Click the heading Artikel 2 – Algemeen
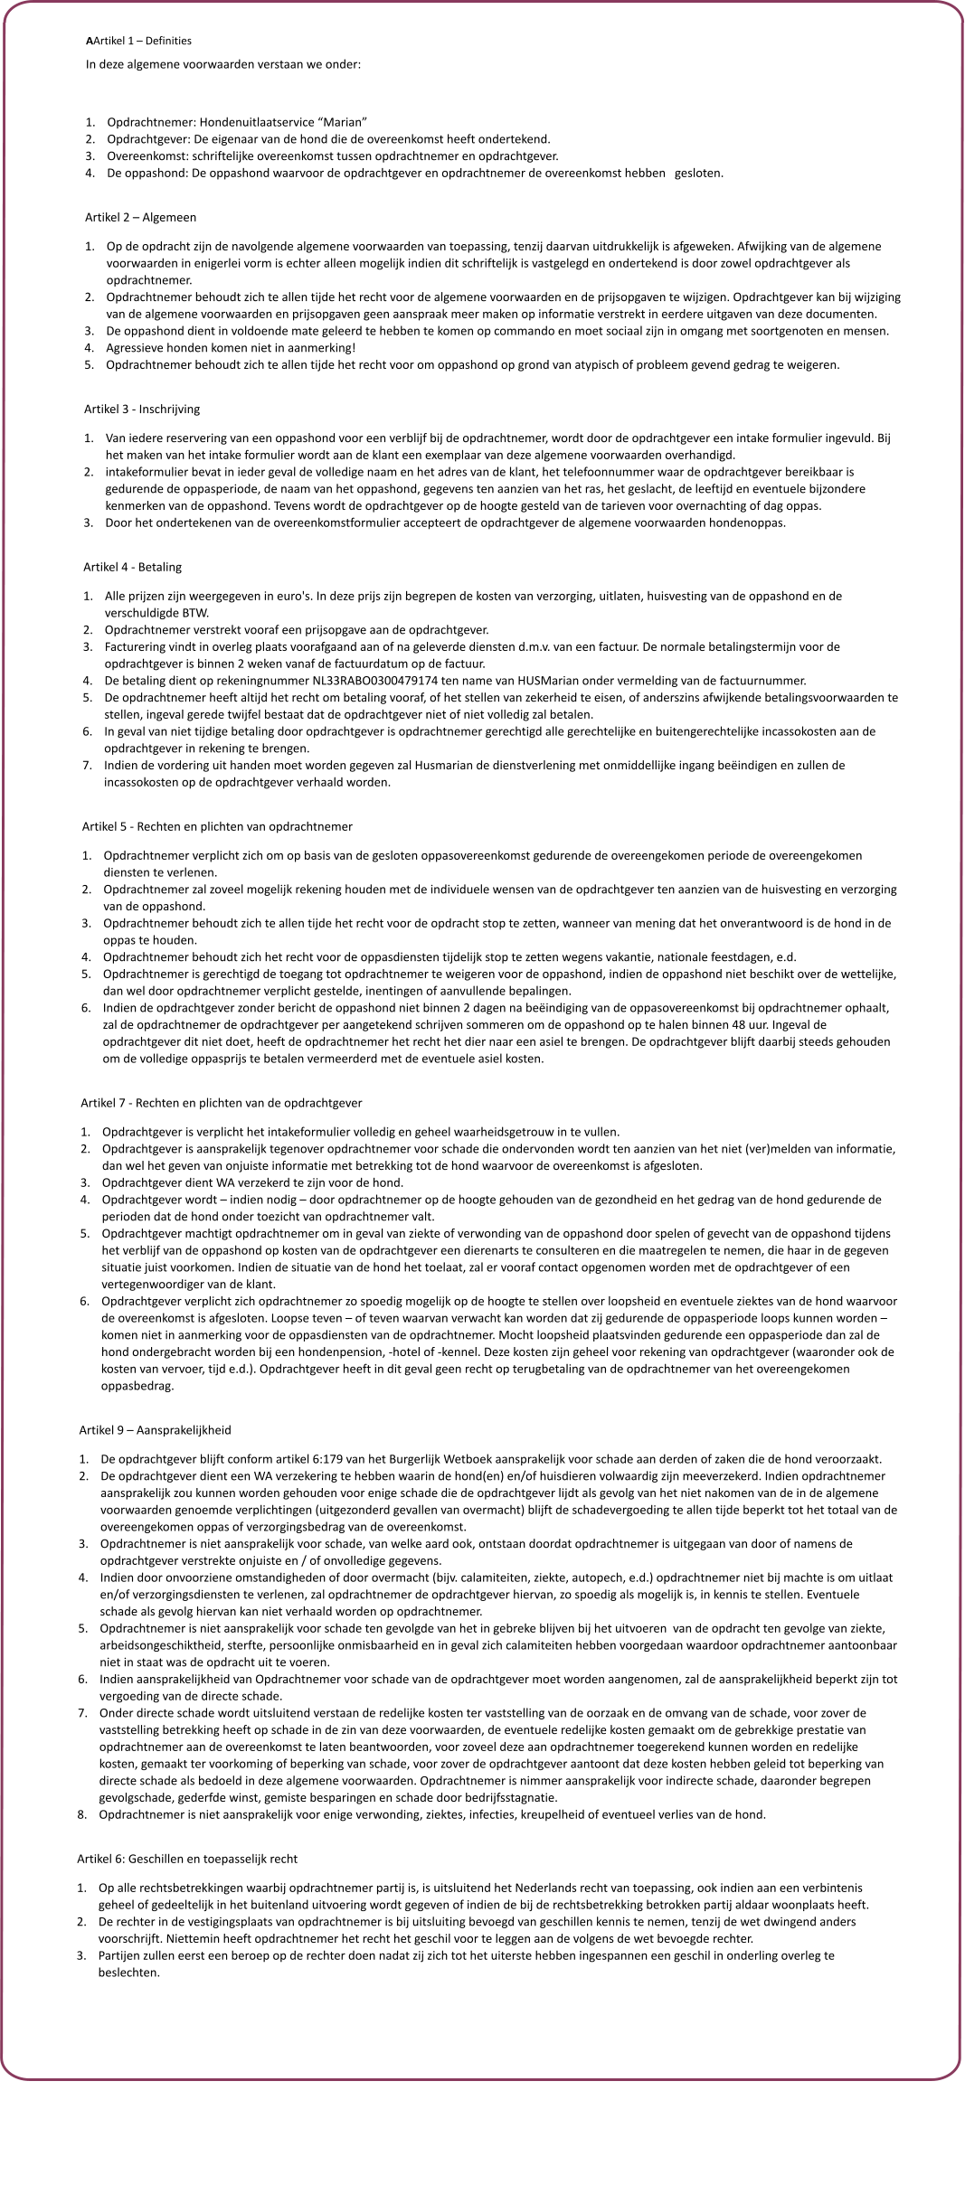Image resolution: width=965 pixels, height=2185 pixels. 140,218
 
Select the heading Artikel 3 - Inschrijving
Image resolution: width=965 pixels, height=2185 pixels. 142,410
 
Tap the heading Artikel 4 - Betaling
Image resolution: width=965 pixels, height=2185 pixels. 132,567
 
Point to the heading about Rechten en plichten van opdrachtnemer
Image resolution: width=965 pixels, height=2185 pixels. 217,826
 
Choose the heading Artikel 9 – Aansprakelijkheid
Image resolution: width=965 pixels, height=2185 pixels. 156,1430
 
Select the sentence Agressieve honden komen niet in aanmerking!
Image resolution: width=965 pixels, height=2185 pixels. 231,348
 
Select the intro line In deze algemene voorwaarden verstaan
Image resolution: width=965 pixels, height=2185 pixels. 223,64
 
